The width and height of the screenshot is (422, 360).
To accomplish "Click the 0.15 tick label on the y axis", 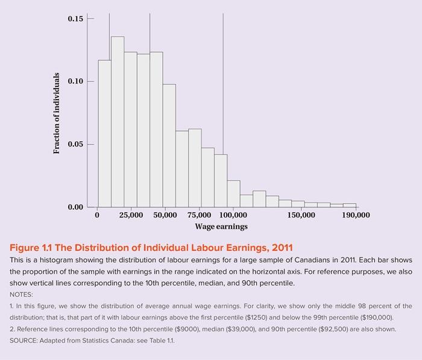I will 76,19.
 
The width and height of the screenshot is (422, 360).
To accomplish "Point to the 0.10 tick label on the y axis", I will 76,81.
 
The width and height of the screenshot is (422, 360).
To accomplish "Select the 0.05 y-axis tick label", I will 76,145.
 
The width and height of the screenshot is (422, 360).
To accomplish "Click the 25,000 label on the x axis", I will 131,215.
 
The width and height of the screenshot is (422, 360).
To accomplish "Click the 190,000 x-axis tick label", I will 356,215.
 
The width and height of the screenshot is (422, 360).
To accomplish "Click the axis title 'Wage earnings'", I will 221,227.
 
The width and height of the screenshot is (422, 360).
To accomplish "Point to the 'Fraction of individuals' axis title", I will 57,113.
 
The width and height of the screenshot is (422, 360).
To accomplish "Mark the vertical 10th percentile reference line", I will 109,36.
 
